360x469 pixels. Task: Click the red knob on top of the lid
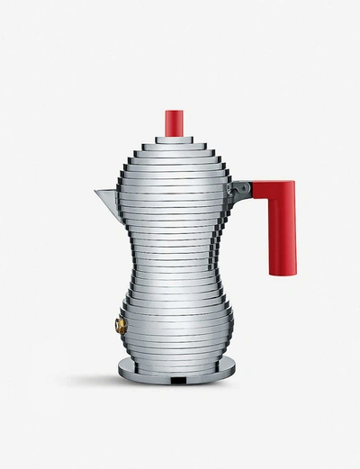(x=174, y=123)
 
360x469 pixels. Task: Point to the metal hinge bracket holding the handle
(x=241, y=191)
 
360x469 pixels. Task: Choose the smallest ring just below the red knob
(x=174, y=140)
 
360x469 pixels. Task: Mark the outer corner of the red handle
(x=292, y=184)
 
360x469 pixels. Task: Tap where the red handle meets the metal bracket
(x=252, y=190)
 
